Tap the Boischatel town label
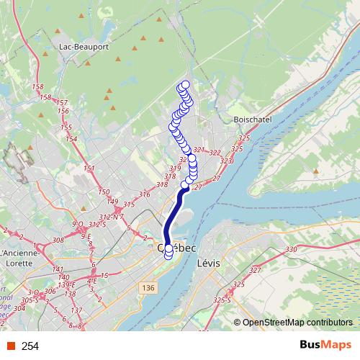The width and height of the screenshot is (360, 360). (x=251, y=120)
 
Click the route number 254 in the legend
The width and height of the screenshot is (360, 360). (x=30, y=346)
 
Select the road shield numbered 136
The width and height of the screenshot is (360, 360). (x=148, y=288)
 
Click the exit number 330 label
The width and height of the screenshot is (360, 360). (x=291, y=249)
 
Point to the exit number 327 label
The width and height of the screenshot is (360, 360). (x=255, y=271)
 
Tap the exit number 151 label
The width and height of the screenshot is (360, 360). (x=89, y=168)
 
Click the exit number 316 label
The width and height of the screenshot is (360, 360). (x=144, y=194)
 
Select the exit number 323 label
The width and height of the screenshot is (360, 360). (x=226, y=161)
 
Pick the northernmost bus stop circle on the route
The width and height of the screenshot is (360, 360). (x=185, y=85)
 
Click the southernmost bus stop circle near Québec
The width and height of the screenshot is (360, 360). (x=169, y=253)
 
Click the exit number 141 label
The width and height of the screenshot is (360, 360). (x=59, y=269)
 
